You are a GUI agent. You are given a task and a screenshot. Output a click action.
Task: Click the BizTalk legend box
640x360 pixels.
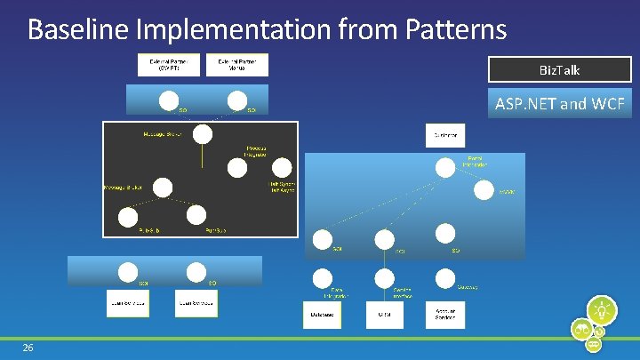(x=559, y=69)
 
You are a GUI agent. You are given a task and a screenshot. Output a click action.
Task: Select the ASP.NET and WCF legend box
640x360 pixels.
(x=559, y=104)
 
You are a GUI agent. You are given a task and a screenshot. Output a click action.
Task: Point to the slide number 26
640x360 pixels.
(x=28, y=347)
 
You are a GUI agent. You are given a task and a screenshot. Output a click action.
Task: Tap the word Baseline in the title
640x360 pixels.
(x=79, y=29)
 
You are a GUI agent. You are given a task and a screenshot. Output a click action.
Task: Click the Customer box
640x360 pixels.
(x=445, y=136)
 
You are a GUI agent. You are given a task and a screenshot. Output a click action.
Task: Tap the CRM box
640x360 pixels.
(x=384, y=314)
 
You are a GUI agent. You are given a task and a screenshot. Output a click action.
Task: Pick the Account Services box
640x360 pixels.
(x=445, y=314)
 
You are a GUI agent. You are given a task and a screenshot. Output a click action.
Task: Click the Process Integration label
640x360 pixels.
(x=258, y=151)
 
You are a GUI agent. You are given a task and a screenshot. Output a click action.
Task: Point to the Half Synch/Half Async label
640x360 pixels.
(x=283, y=188)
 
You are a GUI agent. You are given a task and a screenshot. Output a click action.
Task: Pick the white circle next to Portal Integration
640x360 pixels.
(x=444, y=167)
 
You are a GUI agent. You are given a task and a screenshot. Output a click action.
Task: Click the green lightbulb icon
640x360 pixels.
(x=602, y=310)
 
